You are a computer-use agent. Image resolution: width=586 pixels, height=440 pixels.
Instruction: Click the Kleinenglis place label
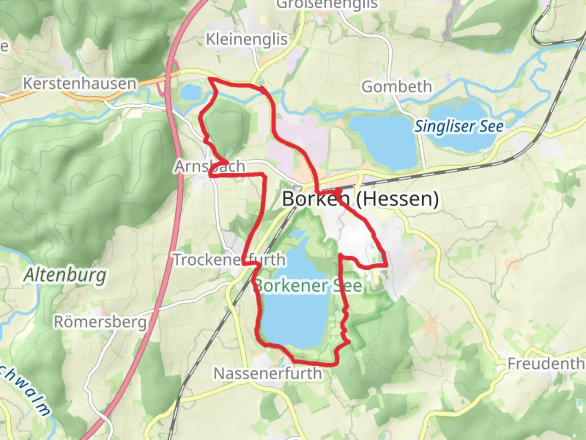pyautogui.click(x=247, y=40)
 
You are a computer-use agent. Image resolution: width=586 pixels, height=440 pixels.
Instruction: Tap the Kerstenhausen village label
pyautogui.click(x=80, y=84)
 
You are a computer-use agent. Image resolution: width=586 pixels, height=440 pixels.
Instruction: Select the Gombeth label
pyautogui.click(x=396, y=87)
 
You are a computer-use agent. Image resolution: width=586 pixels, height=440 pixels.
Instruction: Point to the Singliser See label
pyautogui.click(x=459, y=126)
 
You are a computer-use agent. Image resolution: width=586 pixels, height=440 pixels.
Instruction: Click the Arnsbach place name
pyautogui.click(x=210, y=166)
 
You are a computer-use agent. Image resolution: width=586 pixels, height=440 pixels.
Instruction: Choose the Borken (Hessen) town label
pyautogui.click(x=361, y=199)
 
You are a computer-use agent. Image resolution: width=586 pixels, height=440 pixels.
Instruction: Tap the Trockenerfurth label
pyautogui.click(x=230, y=260)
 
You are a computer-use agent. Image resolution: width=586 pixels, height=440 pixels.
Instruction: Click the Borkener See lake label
pyautogui.click(x=308, y=286)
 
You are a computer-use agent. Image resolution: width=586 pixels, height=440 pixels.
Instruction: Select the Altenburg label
pyautogui.click(x=65, y=275)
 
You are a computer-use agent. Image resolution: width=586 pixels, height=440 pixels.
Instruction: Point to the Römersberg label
pyautogui.click(x=100, y=322)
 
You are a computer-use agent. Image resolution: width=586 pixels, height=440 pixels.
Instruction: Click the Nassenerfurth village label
pyautogui.click(x=268, y=373)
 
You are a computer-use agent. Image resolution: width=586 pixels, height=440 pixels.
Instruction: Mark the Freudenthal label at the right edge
pyautogui.click(x=545, y=363)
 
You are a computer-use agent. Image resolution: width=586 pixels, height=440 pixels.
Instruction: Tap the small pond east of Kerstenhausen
pyautogui.click(x=190, y=93)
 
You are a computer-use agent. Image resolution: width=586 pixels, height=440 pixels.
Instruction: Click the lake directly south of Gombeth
pyautogui.click(x=383, y=141)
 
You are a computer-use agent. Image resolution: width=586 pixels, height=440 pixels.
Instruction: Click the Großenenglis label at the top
pyautogui.click(x=327, y=4)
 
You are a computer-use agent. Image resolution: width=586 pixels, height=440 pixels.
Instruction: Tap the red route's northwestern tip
pyautogui.click(x=210, y=79)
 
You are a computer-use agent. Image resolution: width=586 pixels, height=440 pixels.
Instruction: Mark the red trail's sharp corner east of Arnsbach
pyautogui.click(x=264, y=175)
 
